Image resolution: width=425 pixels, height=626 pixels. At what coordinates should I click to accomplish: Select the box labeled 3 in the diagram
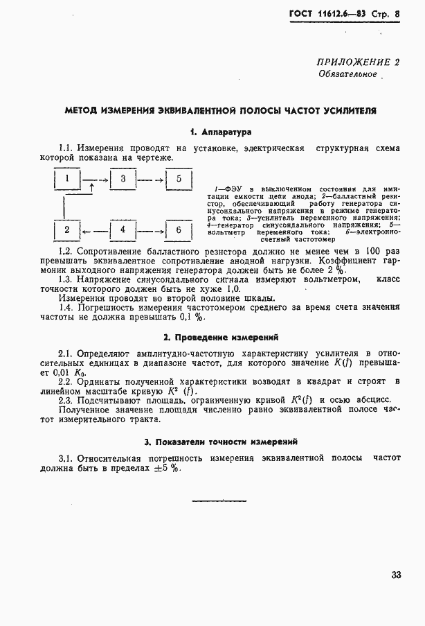coord(123,180)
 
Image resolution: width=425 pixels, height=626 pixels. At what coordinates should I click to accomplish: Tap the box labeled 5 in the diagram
coord(178,180)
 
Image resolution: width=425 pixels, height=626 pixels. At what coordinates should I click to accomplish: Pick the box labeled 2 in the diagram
coord(67,229)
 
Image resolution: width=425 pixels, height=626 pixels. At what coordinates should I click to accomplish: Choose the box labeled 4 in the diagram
coord(123,229)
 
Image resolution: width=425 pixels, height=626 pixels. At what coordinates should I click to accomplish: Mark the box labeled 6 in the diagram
coord(178,229)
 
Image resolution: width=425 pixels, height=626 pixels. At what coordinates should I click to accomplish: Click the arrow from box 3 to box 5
coord(150,180)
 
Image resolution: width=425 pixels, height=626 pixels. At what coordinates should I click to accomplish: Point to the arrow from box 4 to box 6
coord(150,229)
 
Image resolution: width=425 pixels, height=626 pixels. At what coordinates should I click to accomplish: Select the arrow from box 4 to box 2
coord(95,229)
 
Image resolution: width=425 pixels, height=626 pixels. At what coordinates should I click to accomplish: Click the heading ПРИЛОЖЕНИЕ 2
coord(359,62)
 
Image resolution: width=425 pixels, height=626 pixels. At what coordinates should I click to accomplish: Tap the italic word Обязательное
coord(347,74)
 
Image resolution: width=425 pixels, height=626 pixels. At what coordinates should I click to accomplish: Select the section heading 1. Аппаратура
coord(220,131)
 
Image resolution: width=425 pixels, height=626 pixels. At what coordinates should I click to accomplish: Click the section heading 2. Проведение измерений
coord(220,338)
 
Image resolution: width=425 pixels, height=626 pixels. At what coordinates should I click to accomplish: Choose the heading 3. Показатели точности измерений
coord(220,441)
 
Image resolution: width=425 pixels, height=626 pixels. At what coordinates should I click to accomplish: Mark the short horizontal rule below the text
coord(209,500)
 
